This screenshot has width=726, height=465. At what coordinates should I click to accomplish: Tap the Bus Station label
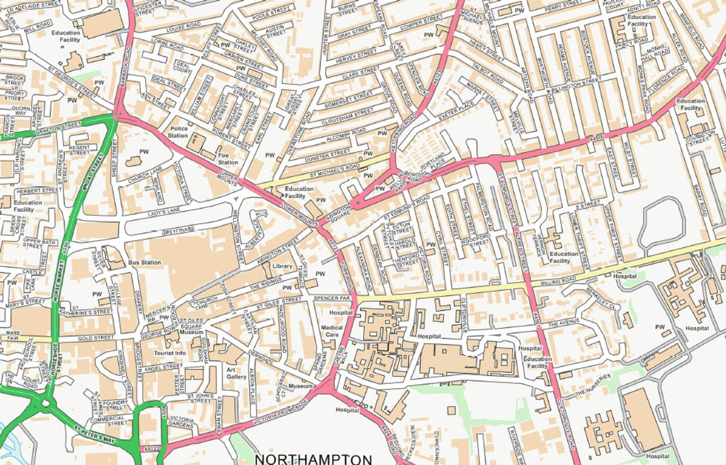click(145, 263)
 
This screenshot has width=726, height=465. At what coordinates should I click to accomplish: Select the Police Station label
click(178, 132)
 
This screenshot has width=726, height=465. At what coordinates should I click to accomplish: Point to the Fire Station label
click(228, 158)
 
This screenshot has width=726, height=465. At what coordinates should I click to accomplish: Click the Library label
click(282, 266)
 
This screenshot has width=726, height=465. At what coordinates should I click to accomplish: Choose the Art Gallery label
click(237, 373)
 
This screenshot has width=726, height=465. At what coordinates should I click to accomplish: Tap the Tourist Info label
click(170, 353)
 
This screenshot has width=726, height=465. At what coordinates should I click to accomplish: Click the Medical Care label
click(332, 331)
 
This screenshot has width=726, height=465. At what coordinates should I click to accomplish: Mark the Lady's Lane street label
click(165, 212)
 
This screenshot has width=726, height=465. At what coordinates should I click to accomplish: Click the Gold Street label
click(92, 338)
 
